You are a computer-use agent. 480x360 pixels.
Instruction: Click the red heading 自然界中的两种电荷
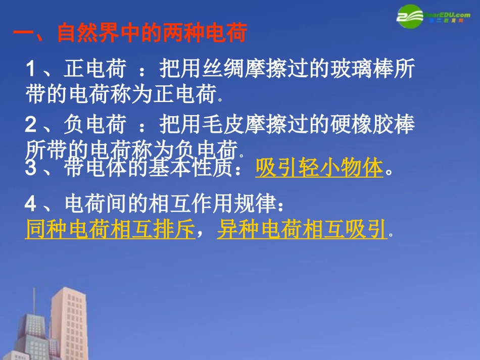[x=152, y=33]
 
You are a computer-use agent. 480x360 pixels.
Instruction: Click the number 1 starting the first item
[x=31, y=69]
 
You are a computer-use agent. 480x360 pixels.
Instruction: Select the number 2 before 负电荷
[x=31, y=125]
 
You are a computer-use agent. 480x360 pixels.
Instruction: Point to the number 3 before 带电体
[x=31, y=169]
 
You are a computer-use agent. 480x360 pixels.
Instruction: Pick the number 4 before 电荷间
[x=31, y=204]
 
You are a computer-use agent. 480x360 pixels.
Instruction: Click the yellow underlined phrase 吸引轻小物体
[x=319, y=169]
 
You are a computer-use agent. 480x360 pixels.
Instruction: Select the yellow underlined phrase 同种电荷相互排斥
[x=110, y=230]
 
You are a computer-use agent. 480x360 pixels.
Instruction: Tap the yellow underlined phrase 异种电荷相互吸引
[x=302, y=230]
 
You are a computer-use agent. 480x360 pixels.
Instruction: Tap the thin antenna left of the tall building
[x=34, y=303]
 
